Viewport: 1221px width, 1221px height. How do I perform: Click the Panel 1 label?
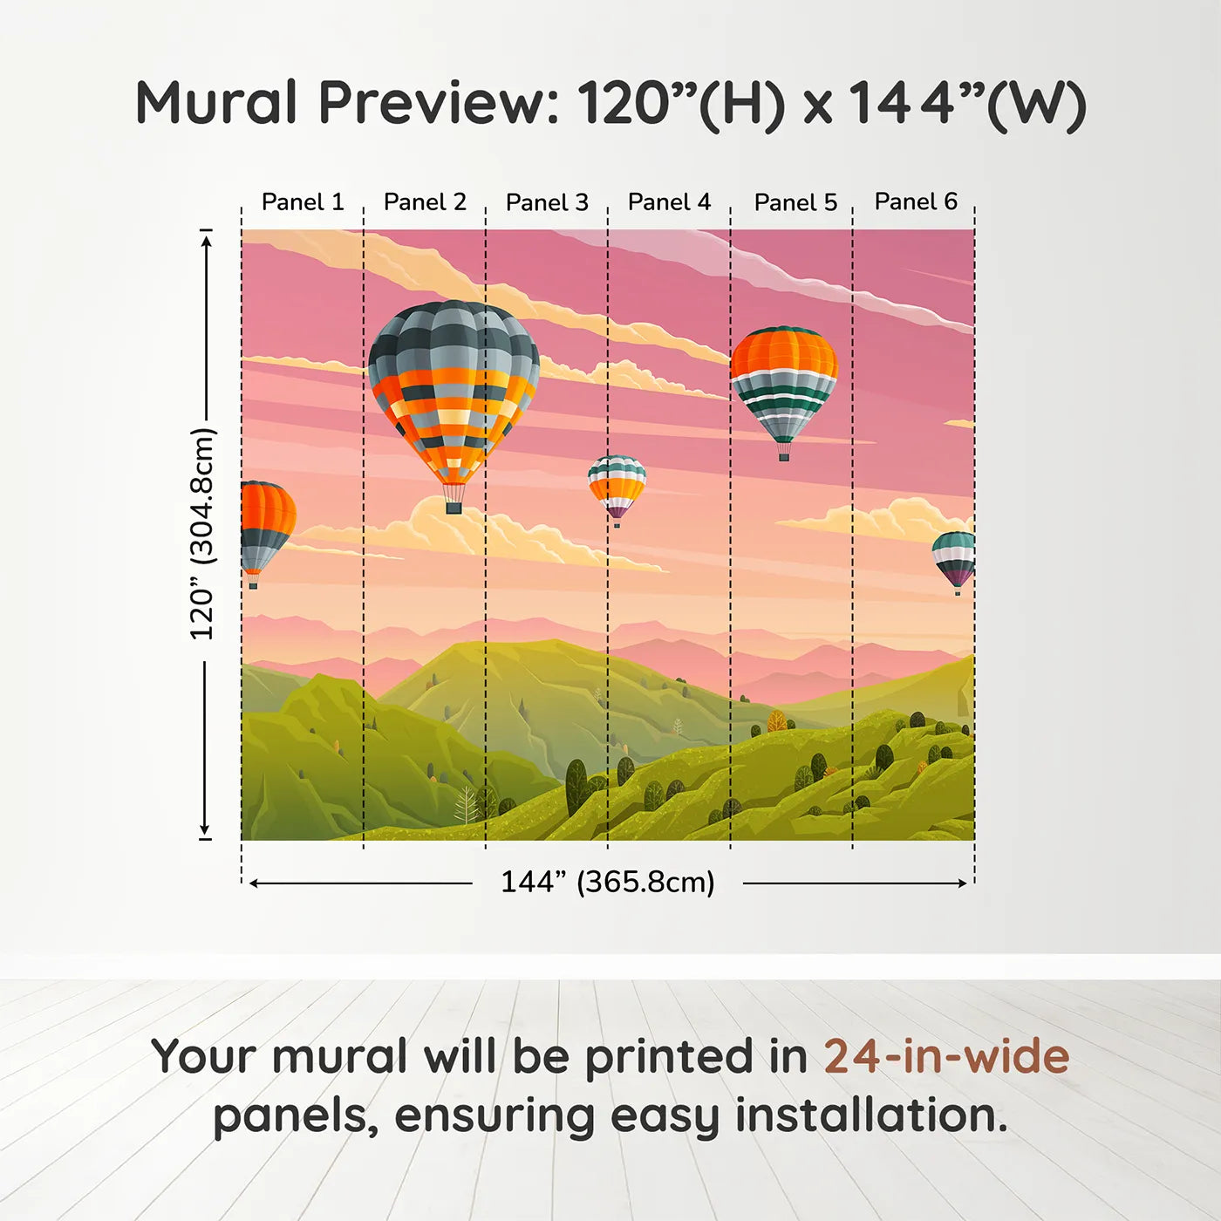303,202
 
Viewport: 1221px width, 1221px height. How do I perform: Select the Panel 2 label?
425,202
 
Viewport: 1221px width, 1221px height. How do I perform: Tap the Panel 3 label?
547,202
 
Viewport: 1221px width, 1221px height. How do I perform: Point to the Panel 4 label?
669,202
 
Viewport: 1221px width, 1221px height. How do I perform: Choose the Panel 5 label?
795,202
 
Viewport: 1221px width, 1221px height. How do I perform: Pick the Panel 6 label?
916,201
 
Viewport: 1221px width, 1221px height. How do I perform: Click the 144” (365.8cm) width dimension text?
607,882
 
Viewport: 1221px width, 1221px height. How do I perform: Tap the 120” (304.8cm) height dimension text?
202,534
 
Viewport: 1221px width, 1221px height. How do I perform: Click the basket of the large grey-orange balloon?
454,506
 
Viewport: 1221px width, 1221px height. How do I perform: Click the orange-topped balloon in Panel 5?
783,384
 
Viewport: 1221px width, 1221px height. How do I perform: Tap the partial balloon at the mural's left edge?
264,528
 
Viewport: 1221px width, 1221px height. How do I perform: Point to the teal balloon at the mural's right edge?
955,558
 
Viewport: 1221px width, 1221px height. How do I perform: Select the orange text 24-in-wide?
946,1056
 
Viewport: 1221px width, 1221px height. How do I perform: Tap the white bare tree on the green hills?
467,804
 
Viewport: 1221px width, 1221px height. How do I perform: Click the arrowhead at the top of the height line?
206,238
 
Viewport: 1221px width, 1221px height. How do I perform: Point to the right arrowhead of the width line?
963,883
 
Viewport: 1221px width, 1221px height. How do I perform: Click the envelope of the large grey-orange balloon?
454,384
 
